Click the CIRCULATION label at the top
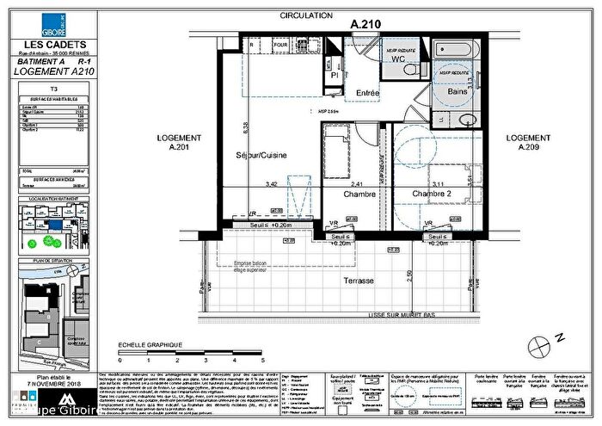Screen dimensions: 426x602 click(305, 15)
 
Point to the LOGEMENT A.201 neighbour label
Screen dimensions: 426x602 click(179, 142)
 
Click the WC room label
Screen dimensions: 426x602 click(397, 60)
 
